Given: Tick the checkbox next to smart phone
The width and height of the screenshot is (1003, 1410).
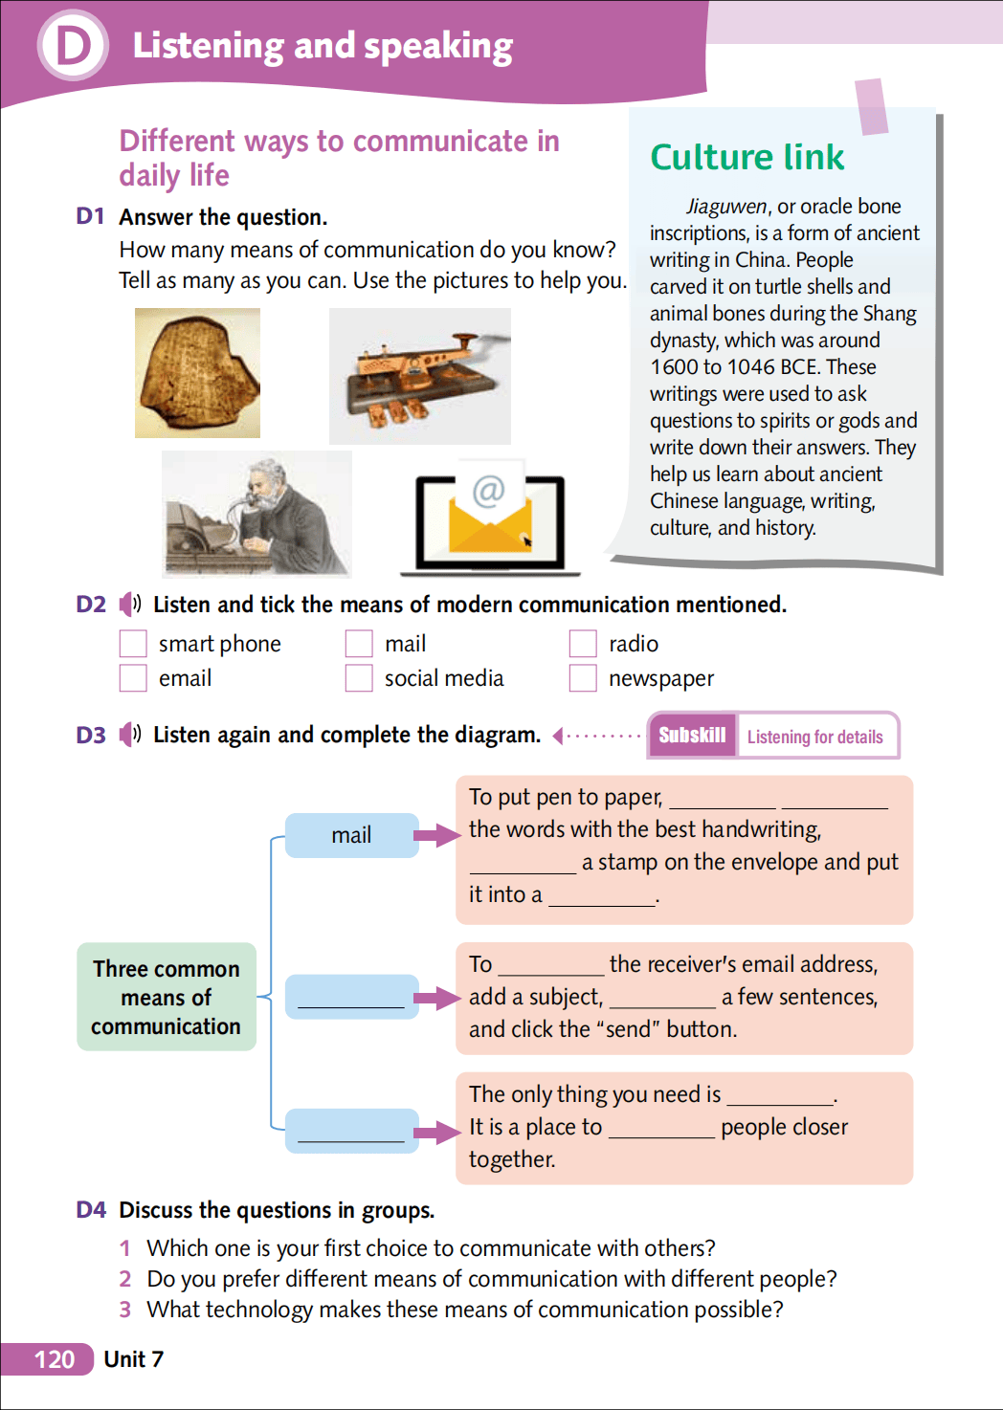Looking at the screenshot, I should coord(133,644).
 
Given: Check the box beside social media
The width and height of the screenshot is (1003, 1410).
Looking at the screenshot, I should coord(359,678).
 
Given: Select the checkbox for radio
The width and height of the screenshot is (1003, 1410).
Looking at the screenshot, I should coord(583,644).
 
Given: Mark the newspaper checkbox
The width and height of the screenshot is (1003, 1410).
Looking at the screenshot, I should coord(583,678).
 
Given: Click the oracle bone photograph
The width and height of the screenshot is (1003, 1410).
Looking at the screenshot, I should coord(197,373).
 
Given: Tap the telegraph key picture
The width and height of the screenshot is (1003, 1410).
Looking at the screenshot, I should coord(419,376).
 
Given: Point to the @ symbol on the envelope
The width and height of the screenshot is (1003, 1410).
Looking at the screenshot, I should coord(488,491).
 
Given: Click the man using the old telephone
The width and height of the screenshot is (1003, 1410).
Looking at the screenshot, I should coord(256,514).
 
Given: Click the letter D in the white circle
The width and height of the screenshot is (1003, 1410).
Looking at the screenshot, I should coord(73,45).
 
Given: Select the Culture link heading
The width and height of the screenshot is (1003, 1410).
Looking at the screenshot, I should coord(747,157).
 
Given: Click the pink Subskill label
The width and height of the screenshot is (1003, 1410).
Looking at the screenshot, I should coord(692,736).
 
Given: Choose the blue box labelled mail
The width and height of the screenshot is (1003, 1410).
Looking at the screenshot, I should coord(351,835).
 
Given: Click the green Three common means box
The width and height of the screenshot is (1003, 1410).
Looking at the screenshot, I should coord(167,997).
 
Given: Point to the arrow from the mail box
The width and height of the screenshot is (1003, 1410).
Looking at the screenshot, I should coord(437,835).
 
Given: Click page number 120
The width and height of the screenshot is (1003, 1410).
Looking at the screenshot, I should coord(54,1359).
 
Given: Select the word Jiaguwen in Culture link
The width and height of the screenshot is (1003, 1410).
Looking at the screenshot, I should coord(726,207).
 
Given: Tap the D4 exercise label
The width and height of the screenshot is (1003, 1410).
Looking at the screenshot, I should coord(91,1210).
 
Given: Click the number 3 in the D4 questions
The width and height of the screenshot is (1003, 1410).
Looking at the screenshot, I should coord(124,1310).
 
